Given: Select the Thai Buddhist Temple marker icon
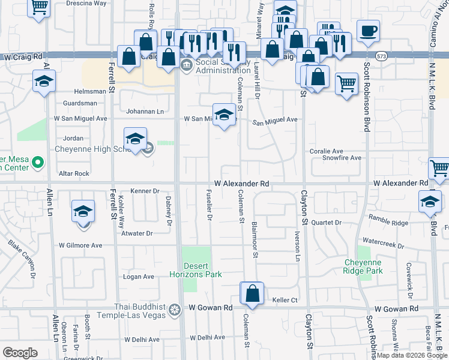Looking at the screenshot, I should (175, 310).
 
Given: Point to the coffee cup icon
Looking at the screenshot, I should (368, 31).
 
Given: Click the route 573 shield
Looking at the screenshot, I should (382, 56).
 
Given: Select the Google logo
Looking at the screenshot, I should (20, 353).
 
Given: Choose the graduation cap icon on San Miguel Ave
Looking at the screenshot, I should (224, 115).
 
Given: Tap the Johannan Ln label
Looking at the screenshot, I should (145, 112).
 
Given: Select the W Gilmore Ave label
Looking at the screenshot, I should (80, 245).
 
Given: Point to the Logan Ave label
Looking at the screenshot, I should (139, 277).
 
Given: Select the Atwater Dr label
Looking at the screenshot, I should (137, 233).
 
